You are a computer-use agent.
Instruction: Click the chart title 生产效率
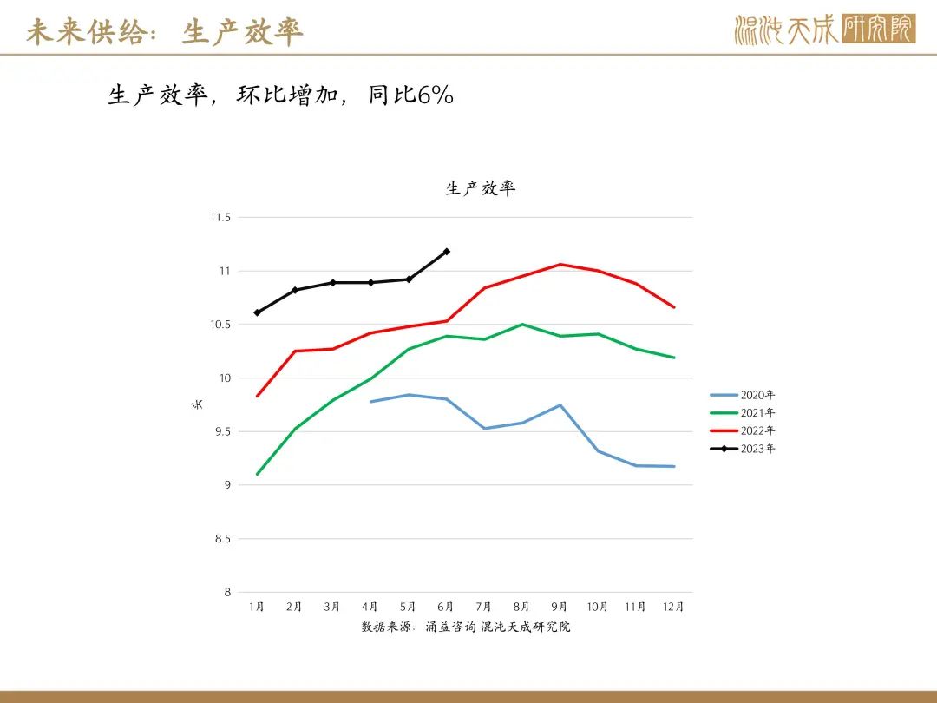click(x=480, y=188)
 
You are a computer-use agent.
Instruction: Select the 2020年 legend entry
click(x=743, y=395)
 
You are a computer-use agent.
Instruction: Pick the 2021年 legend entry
click(x=743, y=413)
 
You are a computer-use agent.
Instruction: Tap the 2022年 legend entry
click(x=743, y=431)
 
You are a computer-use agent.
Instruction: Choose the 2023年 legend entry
click(x=743, y=449)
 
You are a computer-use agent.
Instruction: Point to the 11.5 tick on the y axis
click(x=220, y=218)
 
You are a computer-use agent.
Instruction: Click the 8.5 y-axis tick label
click(x=222, y=539)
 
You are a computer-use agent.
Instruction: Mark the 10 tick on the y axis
click(x=225, y=378)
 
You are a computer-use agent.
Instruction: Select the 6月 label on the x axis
click(x=446, y=607)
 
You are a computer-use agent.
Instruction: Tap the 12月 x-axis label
click(x=673, y=607)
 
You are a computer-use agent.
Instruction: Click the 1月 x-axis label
click(x=256, y=607)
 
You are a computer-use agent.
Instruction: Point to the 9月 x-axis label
click(x=560, y=607)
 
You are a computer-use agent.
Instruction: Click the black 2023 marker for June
click(x=447, y=252)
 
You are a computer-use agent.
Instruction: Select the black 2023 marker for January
click(x=258, y=312)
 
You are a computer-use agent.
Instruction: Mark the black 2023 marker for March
click(x=333, y=282)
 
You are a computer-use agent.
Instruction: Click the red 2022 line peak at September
click(x=560, y=264)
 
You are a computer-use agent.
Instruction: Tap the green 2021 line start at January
click(x=257, y=474)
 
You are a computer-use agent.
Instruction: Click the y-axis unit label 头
click(x=197, y=404)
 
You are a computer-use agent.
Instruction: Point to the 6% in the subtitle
click(x=436, y=95)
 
